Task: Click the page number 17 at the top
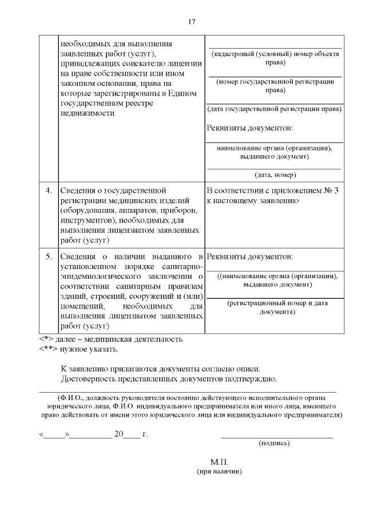click(192, 22)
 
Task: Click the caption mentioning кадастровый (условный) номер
click(274, 58)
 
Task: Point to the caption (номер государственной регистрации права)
click(274, 86)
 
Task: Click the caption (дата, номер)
click(274, 175)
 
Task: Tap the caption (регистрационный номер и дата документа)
click(274, 307)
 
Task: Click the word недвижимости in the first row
click(87, 113)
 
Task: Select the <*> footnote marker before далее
click(46, 339)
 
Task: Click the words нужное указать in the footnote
click(86, 349)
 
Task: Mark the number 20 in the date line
click(119, 434)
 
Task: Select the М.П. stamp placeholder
click(219, 462)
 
